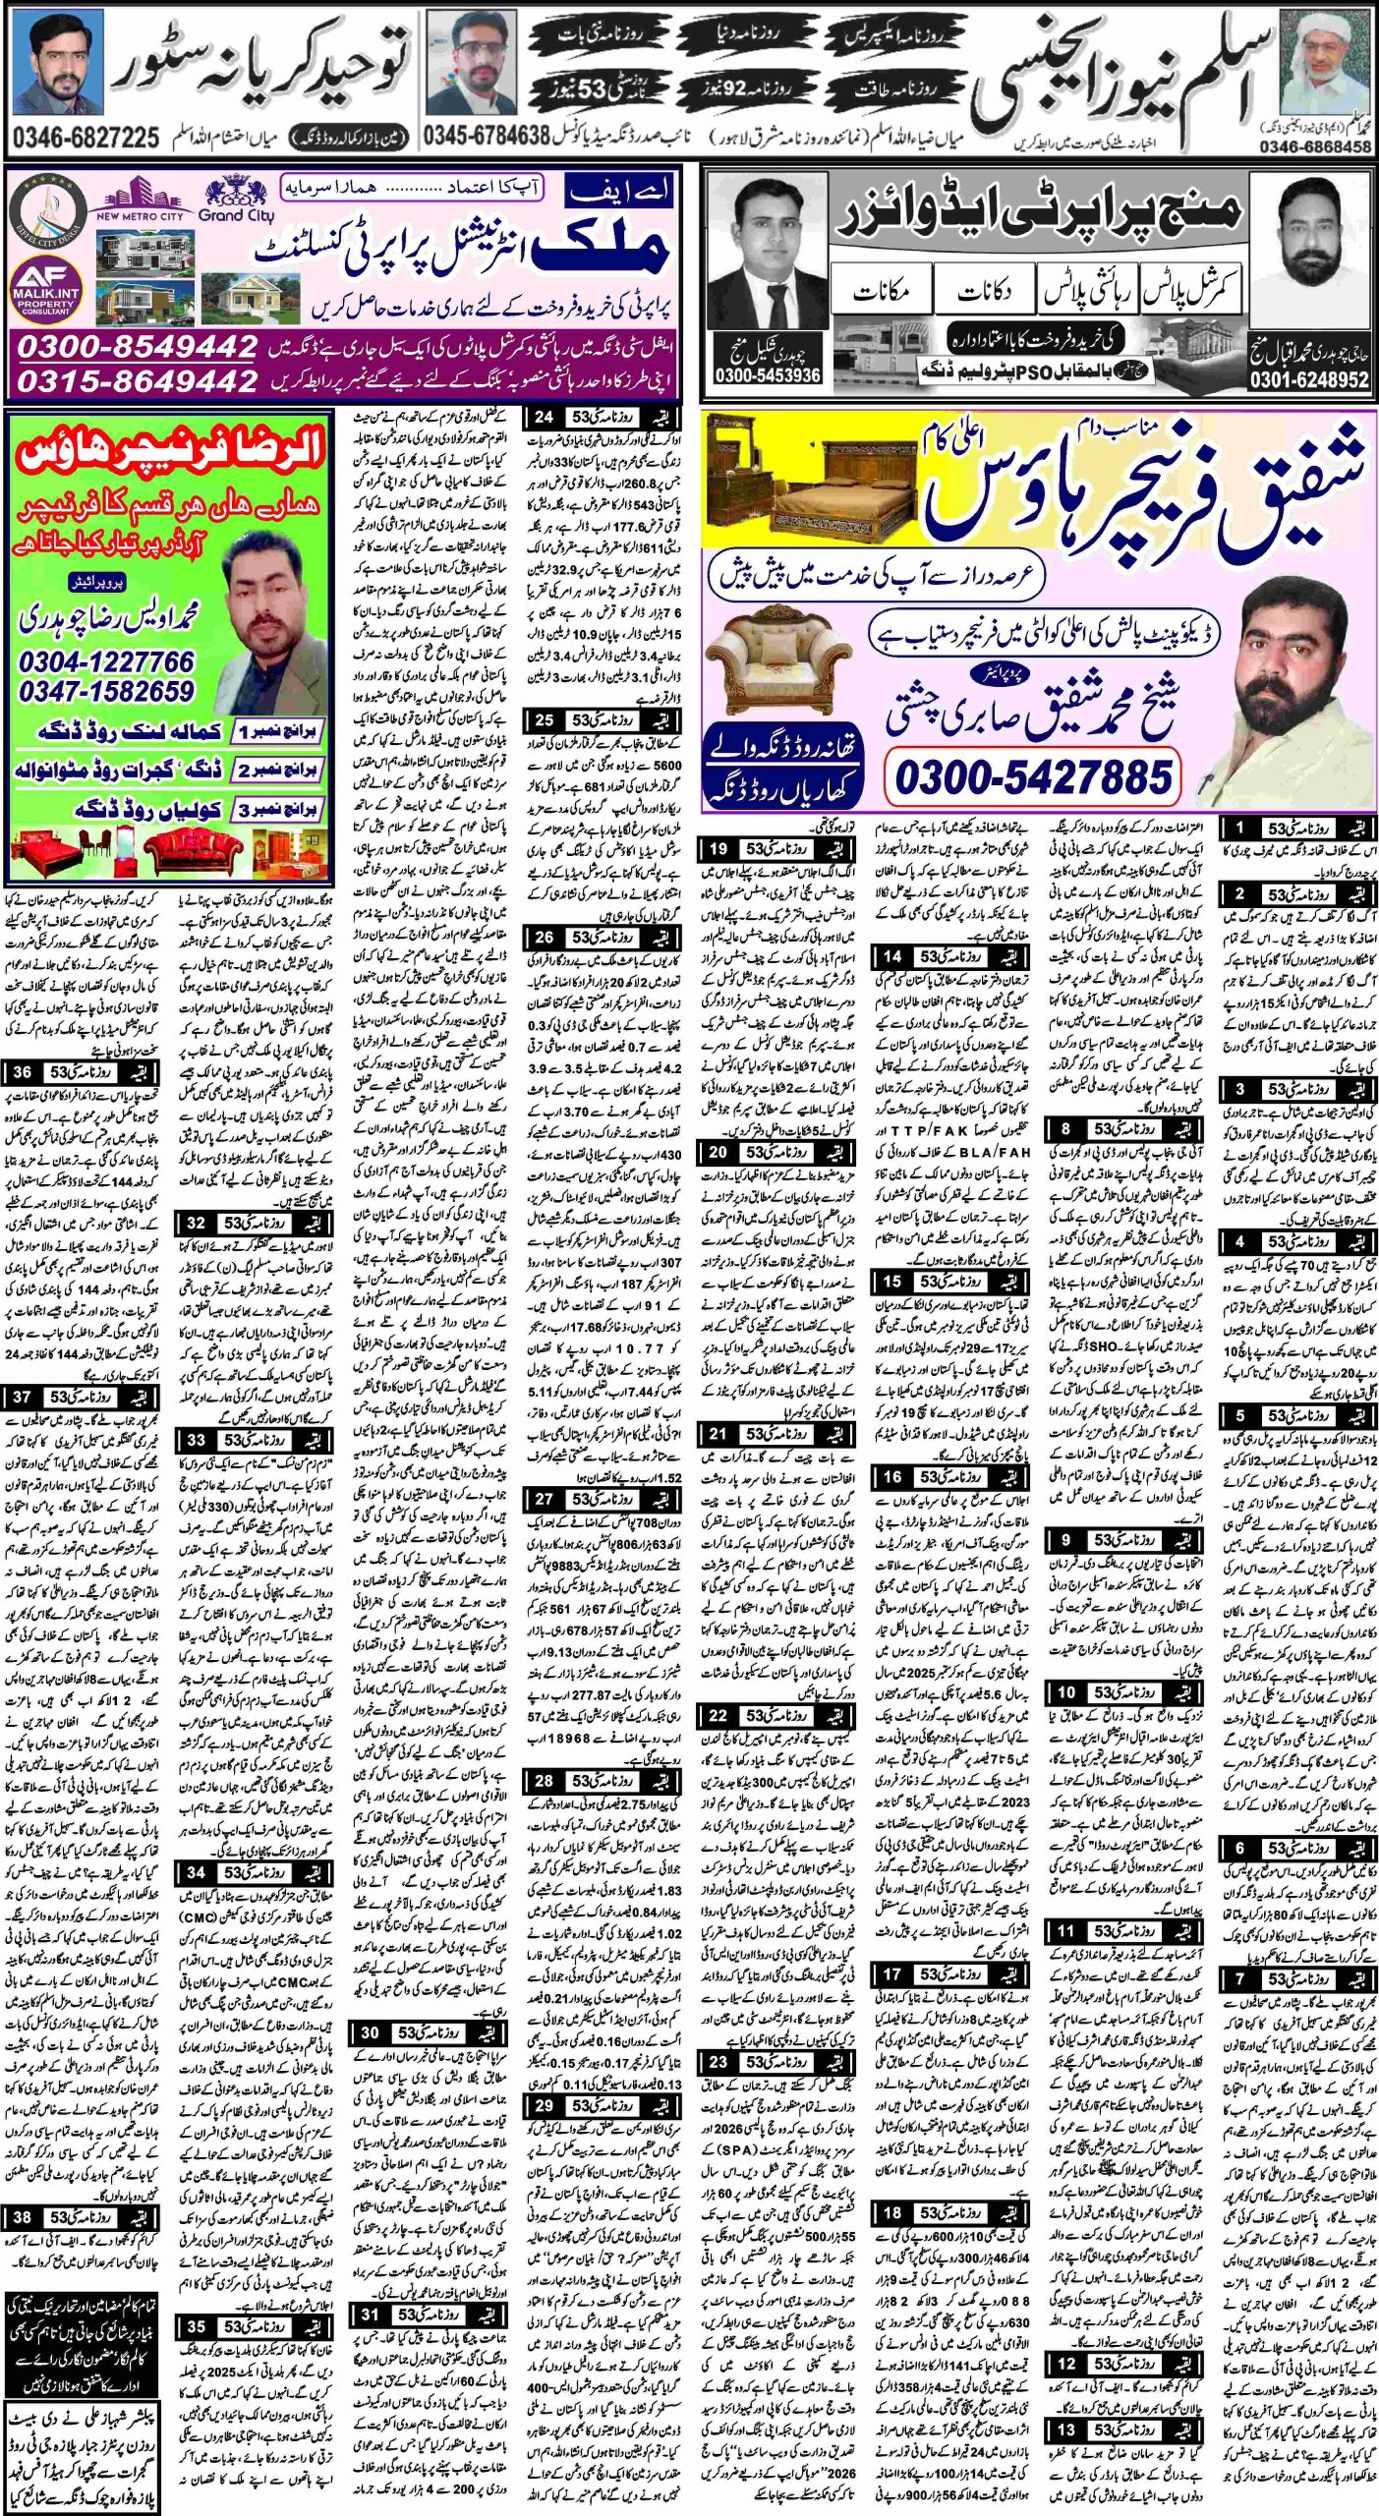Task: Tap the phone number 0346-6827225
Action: pyautogui.click(x=86, y=138)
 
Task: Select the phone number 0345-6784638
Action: pyautogui.click(x=486, y=137)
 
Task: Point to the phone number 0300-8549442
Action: pyautogui.click(x=138, y=347)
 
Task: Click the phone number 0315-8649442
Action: pyautogui.click(x=138, y=380)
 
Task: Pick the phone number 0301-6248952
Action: pyautogui.click(x=1309, y=379)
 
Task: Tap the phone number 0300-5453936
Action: pyautogui.click(x=768, y=375)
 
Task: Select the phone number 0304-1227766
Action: pyautogui.click(x=106, y=661)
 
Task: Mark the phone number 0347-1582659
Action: pyautogui.click(x=106, y=691)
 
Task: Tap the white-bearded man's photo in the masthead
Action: pyautogui.click(x=1326, y=64)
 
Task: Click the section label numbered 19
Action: pyautogui.click(x=776, y=848)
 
